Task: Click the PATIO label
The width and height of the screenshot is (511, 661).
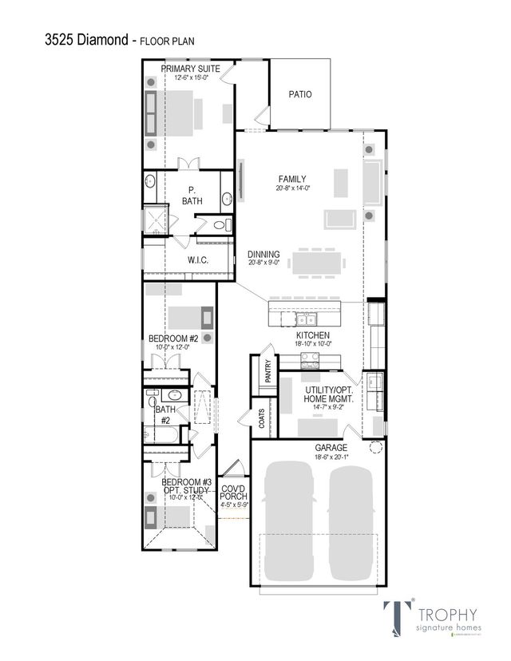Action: click(299, 94)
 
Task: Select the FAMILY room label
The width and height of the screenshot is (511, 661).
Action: click(292, 179)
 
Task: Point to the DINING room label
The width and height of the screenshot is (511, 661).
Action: click(263, 255)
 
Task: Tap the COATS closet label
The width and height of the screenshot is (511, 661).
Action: click(261, 418)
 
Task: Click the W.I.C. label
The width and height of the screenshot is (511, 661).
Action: click(198, 260)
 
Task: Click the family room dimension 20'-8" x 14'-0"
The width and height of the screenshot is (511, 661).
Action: click(292, 188)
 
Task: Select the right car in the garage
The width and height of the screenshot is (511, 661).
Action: click(352, 523)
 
